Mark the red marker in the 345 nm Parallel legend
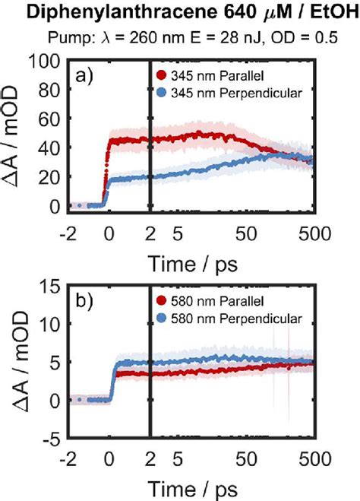click(x=161, y=75)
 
